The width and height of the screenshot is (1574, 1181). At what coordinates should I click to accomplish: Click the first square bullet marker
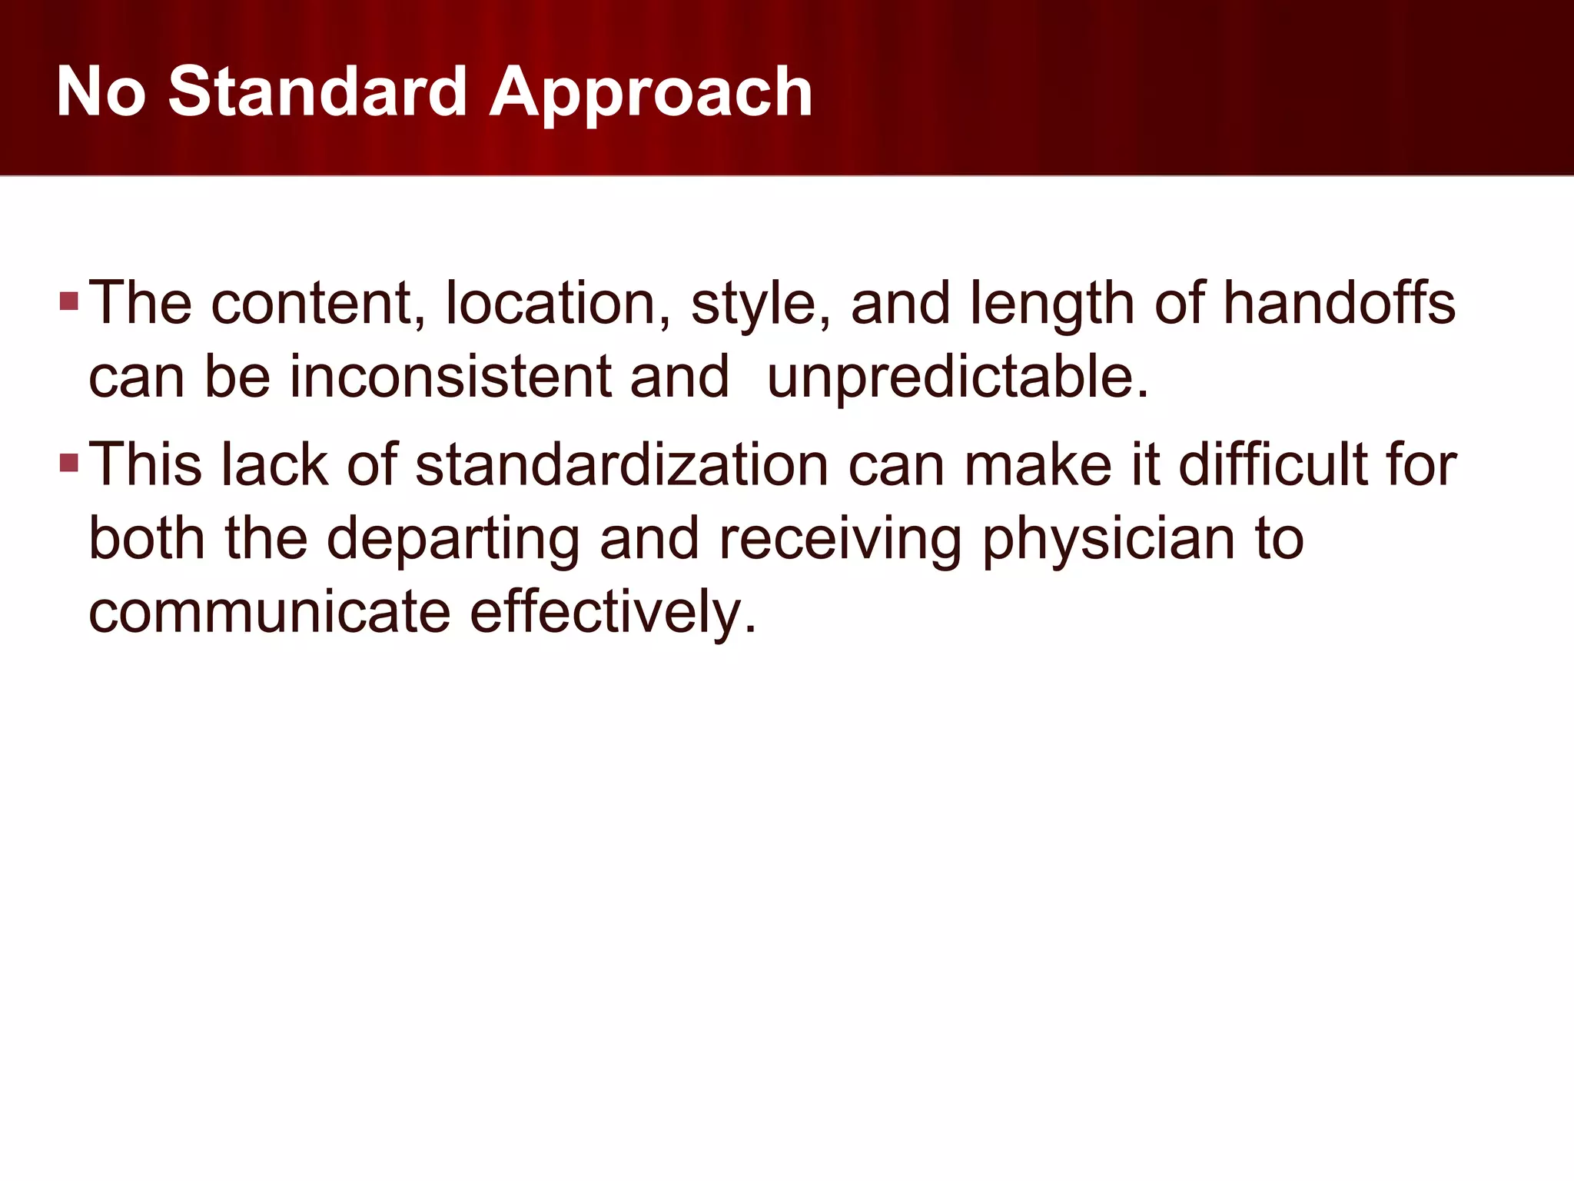(69, 301)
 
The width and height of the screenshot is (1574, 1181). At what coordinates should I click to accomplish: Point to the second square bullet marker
(69, 463)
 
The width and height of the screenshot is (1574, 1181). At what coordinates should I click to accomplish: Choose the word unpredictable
(958, 378)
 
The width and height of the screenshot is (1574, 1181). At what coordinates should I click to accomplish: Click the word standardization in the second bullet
(622, 465)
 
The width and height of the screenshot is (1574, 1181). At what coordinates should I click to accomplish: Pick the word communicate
(269, 612)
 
